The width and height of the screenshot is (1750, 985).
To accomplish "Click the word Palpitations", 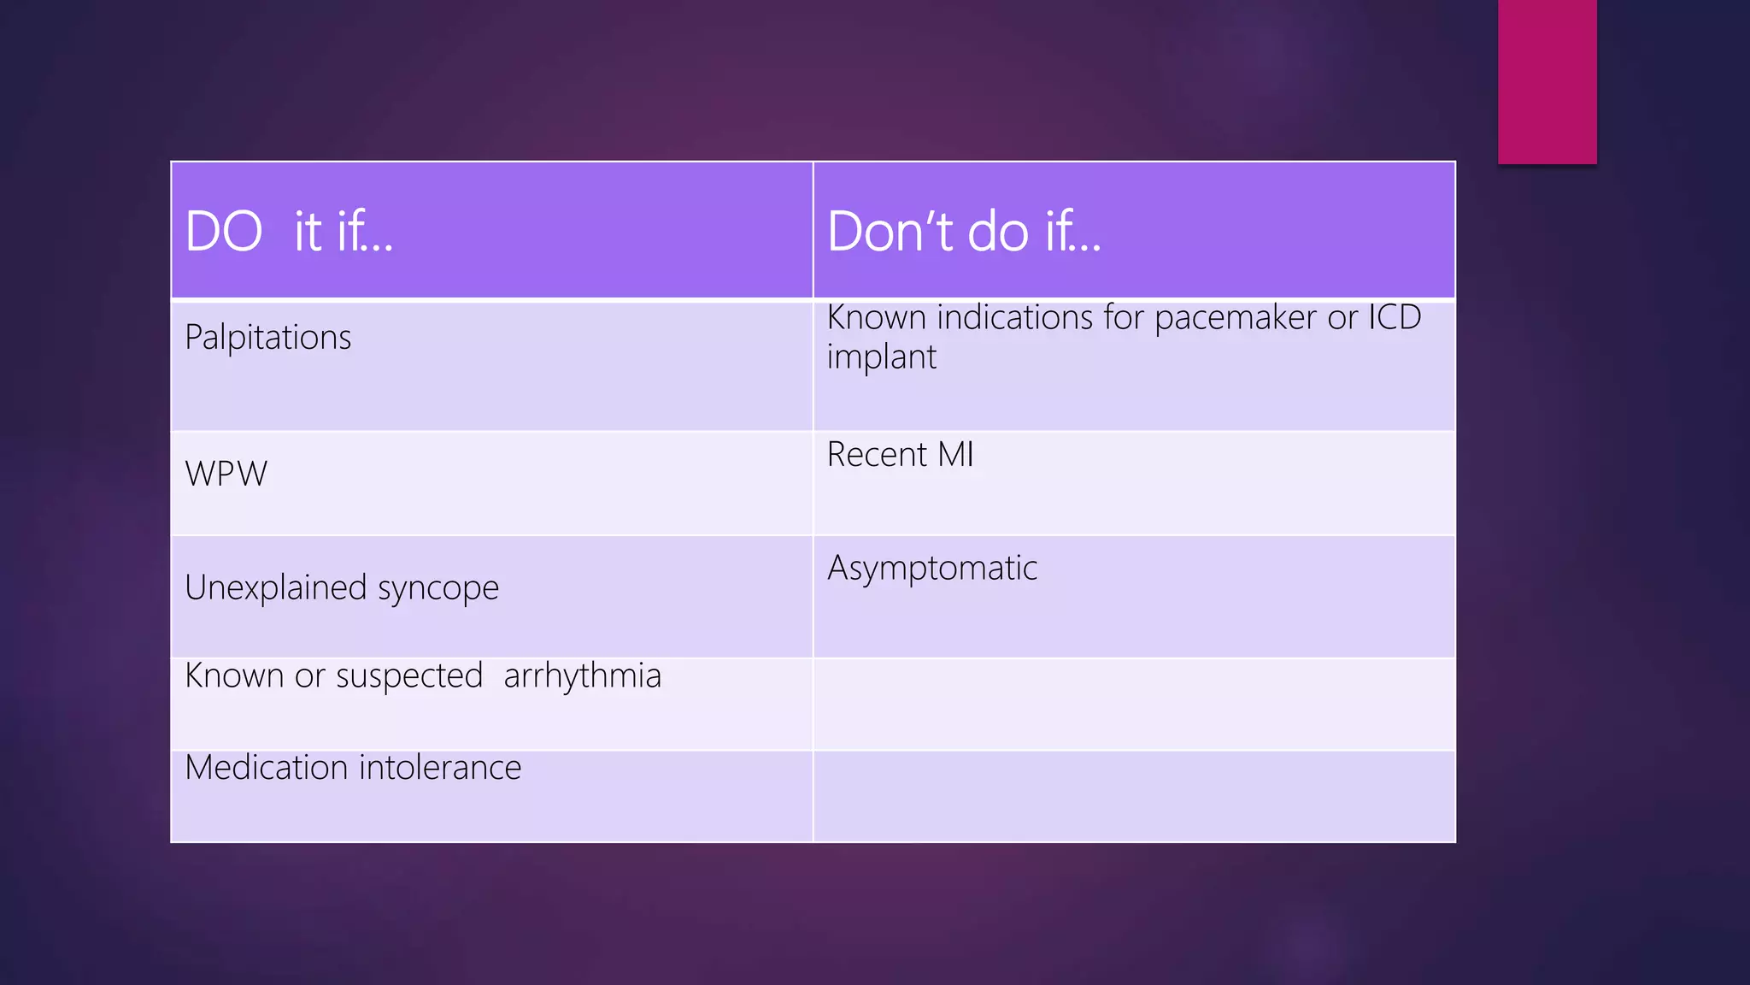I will point(267,338).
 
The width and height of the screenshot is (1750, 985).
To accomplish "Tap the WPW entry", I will point(226,474).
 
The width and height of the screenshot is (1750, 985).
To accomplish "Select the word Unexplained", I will point(275,587).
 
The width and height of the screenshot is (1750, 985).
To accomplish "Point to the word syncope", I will point(437,589).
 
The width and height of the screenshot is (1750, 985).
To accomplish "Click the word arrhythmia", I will point(582,676).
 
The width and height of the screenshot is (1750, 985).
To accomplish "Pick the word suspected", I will point(409,676).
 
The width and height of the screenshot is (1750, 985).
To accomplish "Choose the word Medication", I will point(266,767).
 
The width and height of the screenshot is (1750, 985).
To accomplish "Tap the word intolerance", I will point(439,767).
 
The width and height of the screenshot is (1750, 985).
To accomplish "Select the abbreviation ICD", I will point(1395,317).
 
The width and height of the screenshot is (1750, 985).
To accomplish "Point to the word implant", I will point(881,357).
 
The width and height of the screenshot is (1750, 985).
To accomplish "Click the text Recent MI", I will point(900,454).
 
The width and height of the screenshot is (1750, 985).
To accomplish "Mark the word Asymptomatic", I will point(931,569).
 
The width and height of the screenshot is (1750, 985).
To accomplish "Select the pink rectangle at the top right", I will point(1547,81).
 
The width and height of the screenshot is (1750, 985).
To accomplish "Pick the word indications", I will point(1014,317).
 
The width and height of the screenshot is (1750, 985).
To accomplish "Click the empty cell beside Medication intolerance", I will point(1134,796).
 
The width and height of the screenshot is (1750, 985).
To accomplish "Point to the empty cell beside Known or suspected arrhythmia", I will point(1134,704).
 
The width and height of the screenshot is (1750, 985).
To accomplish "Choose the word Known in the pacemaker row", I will point(876,317).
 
